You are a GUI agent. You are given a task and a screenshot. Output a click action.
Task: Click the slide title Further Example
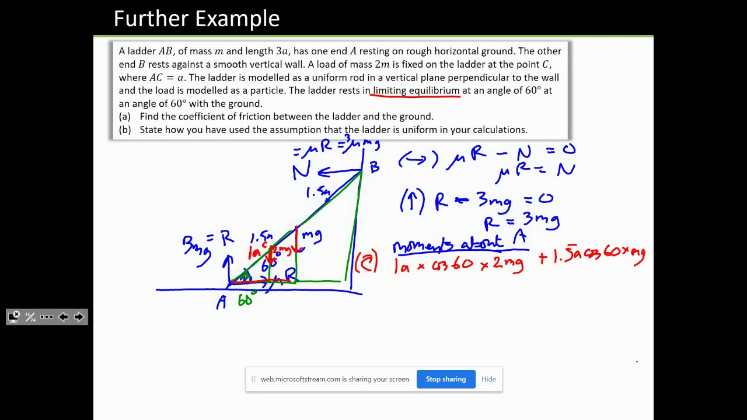(197, 19)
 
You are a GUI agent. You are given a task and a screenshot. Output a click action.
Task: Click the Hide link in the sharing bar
(488, 379)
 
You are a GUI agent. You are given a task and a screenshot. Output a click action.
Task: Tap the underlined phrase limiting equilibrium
(416, 90)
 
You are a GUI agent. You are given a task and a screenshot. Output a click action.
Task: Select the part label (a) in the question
(124, 117)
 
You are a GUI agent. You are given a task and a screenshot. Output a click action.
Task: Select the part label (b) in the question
(124, 129)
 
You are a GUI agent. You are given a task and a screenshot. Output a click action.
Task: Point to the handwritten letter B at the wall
(374, 167)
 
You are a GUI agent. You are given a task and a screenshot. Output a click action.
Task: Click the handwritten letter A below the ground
(221, 303)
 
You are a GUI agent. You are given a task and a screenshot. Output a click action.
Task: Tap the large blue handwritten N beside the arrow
(302, 171)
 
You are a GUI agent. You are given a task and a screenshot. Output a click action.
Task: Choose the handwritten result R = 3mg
(522, 221)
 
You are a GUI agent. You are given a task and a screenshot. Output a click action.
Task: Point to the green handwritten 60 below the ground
(246, 300)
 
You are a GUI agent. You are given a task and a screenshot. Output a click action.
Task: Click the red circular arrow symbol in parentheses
(366, 262)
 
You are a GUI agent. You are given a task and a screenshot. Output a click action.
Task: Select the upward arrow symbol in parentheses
(412, 202)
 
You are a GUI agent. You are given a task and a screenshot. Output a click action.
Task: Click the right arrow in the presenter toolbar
(79, 317)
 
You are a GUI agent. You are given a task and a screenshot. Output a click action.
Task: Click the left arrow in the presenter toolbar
(64, 317)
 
